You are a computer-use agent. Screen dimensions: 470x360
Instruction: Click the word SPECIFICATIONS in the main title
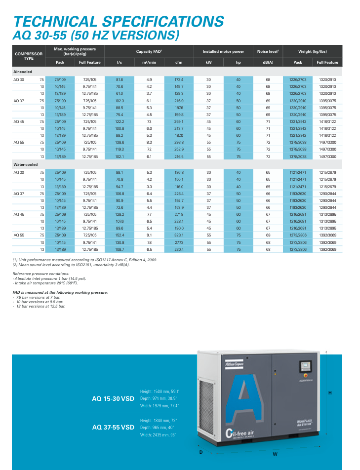tap(162, 21)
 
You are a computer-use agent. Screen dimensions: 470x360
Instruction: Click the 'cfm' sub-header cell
tap(179, 63)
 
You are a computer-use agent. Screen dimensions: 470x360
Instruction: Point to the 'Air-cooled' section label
tap(23, 72)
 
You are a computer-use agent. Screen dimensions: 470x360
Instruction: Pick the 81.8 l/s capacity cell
tap(120, 79)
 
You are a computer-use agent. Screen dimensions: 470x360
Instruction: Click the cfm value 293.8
tap(179, 142)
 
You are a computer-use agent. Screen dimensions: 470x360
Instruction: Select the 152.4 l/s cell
tap(120, 235)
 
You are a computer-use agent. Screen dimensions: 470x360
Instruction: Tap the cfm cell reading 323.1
tap(179, 235)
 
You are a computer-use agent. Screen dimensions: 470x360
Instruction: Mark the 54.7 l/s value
tap(120, 187)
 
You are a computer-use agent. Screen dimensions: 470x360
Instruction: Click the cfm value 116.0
tap(179, 187)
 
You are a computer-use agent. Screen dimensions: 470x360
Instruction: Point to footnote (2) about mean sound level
tap(71, 265)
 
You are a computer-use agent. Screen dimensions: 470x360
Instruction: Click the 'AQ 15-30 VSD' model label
tap(113, 398)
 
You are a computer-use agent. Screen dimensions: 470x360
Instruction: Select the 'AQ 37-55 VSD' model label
tap(113, 427)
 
